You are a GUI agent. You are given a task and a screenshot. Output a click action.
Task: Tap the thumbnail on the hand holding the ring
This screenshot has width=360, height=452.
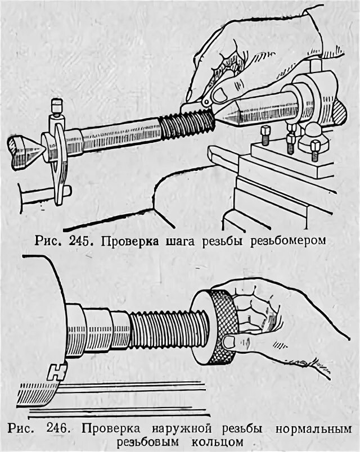[229, 341]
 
